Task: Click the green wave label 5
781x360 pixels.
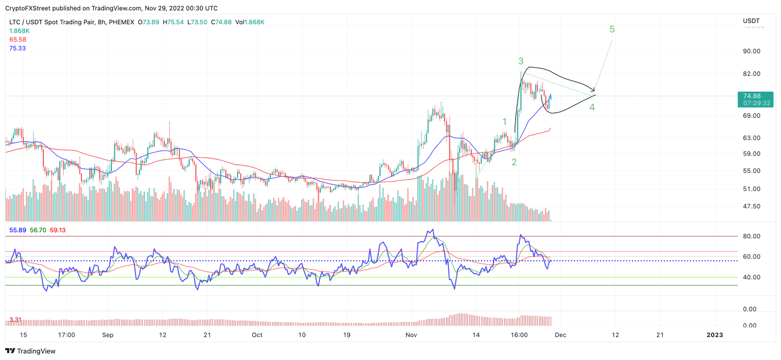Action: (x=612, y=29)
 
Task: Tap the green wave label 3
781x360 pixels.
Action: (x=521, y=61)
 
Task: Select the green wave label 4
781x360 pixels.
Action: (x=592, y=107)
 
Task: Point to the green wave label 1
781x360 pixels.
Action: (x=504, y=122)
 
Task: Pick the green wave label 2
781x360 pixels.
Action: (x=514, y=162)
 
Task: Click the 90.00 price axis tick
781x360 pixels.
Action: (x=752, y=51)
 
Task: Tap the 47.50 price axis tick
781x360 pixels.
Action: (x=752, y=206)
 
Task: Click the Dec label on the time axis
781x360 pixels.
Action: (x=560, y=335)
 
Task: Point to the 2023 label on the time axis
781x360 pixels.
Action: (x=715, y=335)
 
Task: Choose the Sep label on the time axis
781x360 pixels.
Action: (x=107, y=335)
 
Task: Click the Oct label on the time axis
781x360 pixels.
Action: (x=257, y=335)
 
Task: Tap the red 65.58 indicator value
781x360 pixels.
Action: (x=17, y=39)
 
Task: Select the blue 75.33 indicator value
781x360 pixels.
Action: (x=17, y=48)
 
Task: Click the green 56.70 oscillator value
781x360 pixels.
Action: (x=38, y=230)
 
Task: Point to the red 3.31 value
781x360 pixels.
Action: (x=15, y=320)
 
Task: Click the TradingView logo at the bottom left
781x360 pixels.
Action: (x=31, y=351)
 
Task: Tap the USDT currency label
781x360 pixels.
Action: (x=750, y=21)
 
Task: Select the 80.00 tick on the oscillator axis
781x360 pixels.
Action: (x=752, y=236)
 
